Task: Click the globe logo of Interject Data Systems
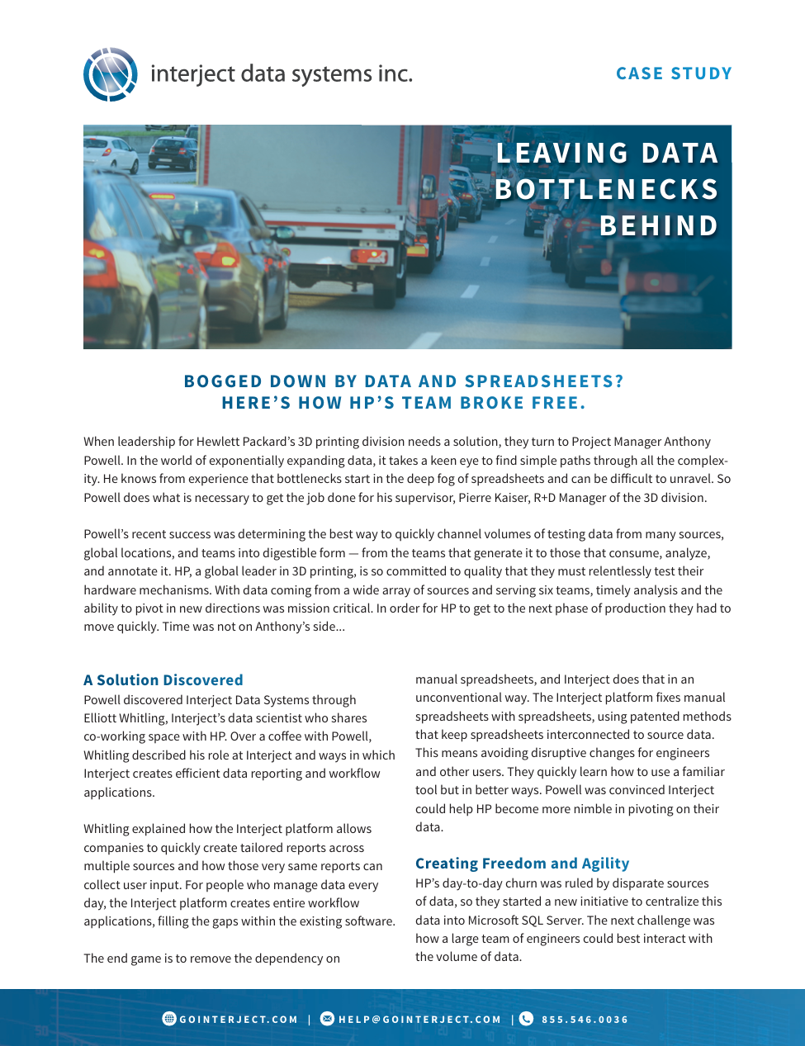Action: pyautogui.click(x=110, y=74)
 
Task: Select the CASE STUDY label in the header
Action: pyautogui.click(x=674, y=73)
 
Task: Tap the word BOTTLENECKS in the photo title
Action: pyautogui.click(x=607, y=190)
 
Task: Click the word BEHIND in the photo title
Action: pyautogui.click(x=659, y=226)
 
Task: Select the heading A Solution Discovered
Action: pyautogui.click(x=163, y=680)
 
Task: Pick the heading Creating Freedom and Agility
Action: pyautogui.click(x=522, y=864)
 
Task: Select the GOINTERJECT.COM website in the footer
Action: pyautogui.click(x=239, y=1020)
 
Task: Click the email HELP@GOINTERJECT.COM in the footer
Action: pyautogui.click(x=419, y=1020)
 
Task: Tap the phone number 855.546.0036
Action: pyautogui.click(x=585, y=1020)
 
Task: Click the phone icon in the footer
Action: pyautogui.click(x=526, y=1019)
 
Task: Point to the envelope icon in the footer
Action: pyautogui.click(x=327, y=1019)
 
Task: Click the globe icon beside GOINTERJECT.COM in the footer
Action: pyautogui.click(x=169, y=1019)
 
